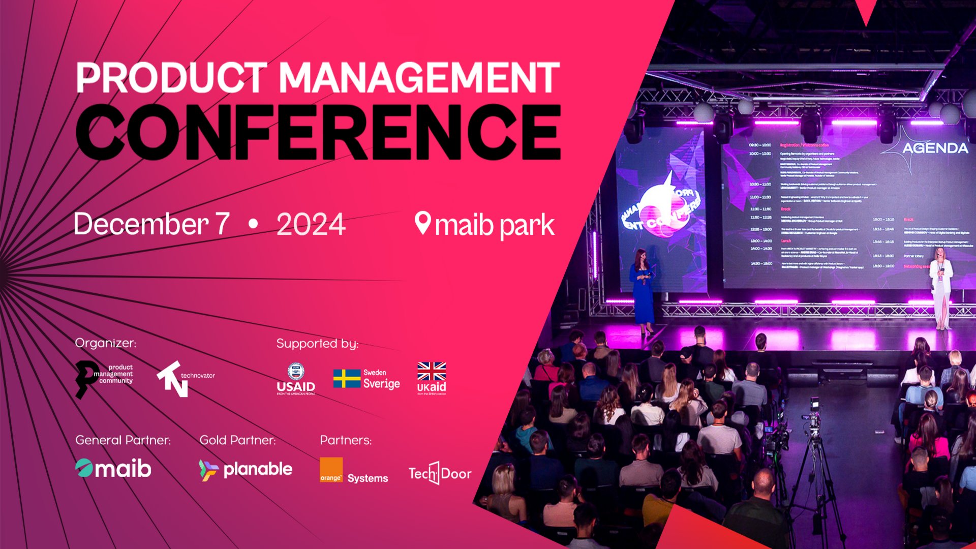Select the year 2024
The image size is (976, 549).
(311, 224)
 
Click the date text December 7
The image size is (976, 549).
(151, 224)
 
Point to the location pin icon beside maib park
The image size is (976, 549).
(422, 223)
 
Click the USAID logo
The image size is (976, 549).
(296, 379)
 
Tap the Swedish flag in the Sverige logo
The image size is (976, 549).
(347, 379)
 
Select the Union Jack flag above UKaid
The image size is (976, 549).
(431, 371)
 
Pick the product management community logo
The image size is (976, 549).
(104, 379)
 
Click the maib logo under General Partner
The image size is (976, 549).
(113, 468)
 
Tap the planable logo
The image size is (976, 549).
(246, 470)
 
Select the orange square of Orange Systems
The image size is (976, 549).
(331, 470)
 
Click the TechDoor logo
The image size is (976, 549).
(440, 473)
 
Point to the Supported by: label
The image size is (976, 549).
(317, 344)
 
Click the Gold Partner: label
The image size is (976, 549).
(237, 440)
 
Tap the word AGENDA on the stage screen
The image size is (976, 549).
(935, 148)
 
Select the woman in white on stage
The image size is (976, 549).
(940, 287)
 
